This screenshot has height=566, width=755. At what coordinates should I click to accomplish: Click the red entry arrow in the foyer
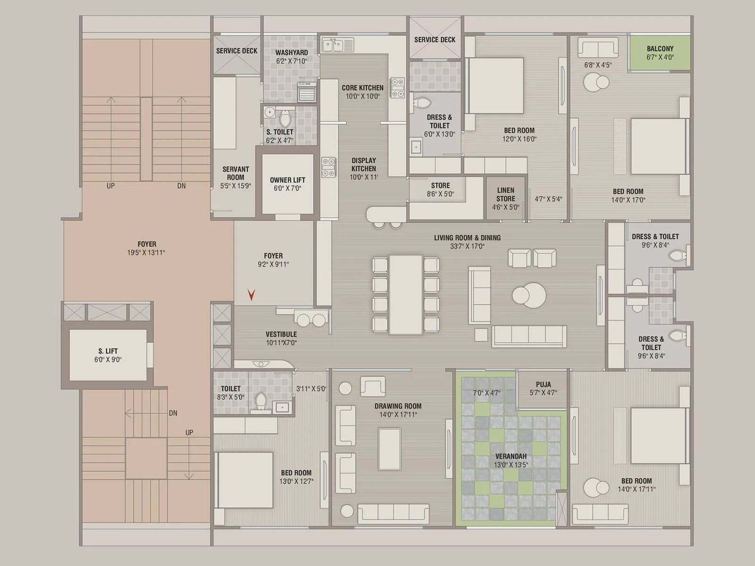click(x=252, y=295)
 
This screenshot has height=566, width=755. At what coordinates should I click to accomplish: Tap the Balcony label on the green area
click(x=660, y=49)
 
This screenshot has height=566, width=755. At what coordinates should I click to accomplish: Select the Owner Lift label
click(x=287, y=180)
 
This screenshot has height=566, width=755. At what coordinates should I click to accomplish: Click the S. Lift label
click(x=108, y=351)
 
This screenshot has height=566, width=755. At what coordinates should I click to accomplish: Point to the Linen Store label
click(x=506, y=194)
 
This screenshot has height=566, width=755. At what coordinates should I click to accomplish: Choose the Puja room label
click(x=543, y=384)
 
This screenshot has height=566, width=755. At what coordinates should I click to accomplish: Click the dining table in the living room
click(x=406, y=294)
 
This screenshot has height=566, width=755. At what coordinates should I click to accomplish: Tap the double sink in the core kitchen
click(x=337, y=45)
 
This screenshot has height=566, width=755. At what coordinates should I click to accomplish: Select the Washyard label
click(x=291, y=52)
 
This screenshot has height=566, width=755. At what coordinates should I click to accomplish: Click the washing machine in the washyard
click(x=307, y=92)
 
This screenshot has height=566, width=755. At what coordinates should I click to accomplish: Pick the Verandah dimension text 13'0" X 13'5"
click(x=511, y=465)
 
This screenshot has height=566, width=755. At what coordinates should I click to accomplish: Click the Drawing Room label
click(x=398, y=406)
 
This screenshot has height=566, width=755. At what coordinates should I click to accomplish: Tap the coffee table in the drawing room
click(x=389, y=449)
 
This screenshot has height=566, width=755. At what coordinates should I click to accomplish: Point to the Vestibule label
click(x=281, y=334)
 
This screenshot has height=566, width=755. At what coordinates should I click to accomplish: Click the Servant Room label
click(x=235, y=173)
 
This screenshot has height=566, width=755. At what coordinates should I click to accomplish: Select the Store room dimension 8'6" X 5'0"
click(x=440, y=194)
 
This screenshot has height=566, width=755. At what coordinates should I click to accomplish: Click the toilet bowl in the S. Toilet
click(x=285, y=118)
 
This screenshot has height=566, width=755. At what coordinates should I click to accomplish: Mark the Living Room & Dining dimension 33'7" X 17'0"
click(x=467, y=246)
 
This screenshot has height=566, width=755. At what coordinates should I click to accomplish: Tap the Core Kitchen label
click(x=362, y=88)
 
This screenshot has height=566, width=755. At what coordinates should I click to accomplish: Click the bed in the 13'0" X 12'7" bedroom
click(x=243, y=480)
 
